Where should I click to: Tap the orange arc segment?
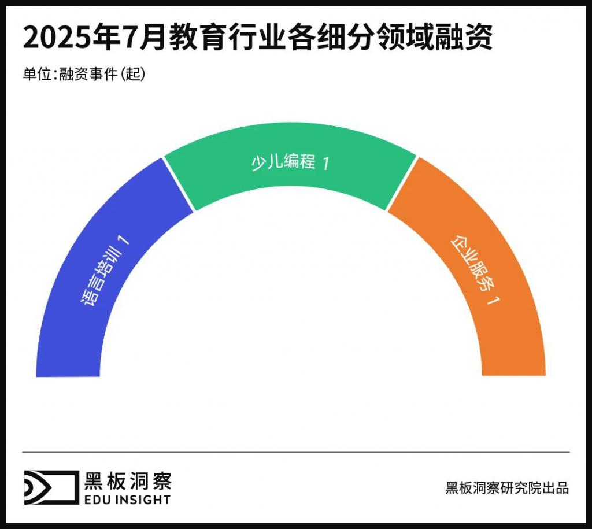509,324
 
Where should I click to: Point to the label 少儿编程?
283,162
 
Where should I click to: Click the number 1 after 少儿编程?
325,164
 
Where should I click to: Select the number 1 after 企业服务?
492,301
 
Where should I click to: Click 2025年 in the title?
64,39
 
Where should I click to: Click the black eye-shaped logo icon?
49,487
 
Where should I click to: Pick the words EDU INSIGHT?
128,499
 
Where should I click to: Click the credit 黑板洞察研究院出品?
507,487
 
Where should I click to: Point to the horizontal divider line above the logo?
296,452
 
